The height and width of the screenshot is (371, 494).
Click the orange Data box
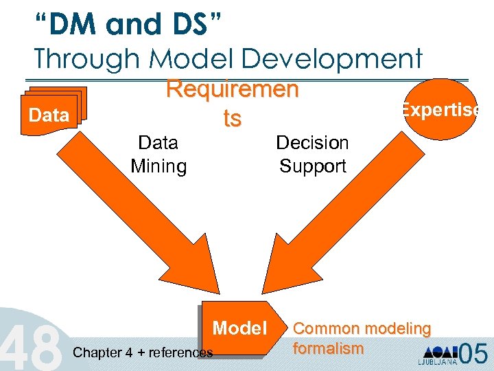coord(49,115)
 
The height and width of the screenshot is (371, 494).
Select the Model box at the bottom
coord(239,328)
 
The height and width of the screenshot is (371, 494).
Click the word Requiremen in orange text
coord(233,90)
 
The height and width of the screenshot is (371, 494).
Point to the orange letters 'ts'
coord(232,118)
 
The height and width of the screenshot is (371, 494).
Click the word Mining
coord(158,166)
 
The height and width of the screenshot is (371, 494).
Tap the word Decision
coord(312,143)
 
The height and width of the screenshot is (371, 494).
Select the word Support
coord(312,166)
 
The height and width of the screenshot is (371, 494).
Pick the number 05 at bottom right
coord(473,353)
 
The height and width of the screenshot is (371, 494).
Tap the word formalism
coord(328,348)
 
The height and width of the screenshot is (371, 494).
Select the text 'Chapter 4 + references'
coord(143,353)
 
